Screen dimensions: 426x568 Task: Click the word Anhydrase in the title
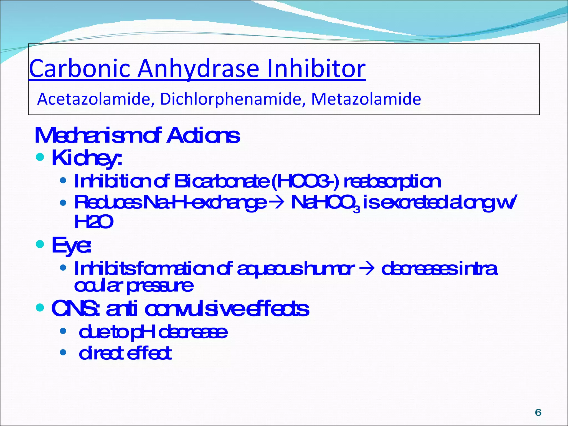click(x=198, y=69)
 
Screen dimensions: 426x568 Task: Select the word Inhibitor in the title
click(x=316, y=69)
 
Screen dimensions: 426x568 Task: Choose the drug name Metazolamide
click(x=366, y=99)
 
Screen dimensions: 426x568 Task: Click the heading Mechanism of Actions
click(x=137, y=136)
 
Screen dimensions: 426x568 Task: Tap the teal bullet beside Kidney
click(x=40, y=157)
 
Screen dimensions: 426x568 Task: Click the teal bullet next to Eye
click(x=40, y=244)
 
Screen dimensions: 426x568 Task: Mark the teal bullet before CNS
click(x=40, y=308)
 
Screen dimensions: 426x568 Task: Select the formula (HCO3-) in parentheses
click(x=305, y=181)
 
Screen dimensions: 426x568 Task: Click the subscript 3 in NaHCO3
click(x=357, y=210)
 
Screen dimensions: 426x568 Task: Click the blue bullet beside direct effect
click(x=63, y=353)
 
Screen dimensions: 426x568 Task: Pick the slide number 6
click(x=538, y=413)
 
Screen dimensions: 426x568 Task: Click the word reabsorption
click(x=392, y=182)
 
